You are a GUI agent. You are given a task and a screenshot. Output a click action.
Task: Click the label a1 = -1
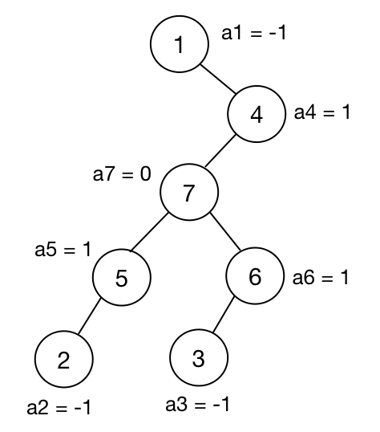[253, 33]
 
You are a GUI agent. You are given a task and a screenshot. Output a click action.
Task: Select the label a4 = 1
[322, 112]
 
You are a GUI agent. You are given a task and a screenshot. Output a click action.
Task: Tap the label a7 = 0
[122, 174]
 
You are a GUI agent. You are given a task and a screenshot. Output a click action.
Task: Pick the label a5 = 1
[63, 250]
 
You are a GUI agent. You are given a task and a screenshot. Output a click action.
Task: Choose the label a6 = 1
[321, 277]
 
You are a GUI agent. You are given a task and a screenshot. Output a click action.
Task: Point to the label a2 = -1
[59, 407]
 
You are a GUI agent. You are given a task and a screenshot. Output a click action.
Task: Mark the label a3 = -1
[197, 405]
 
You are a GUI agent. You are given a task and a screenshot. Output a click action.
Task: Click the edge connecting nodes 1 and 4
[218, 79]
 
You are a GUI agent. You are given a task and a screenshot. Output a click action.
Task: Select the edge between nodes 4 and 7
[220, 151]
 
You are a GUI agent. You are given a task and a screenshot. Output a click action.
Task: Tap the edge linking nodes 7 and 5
[149, 232]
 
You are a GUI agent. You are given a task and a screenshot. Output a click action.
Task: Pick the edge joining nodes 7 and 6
[225, 232]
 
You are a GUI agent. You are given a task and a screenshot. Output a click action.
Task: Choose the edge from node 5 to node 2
[90, 316]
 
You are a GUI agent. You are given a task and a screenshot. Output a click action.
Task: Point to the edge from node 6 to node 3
[224, 314]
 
